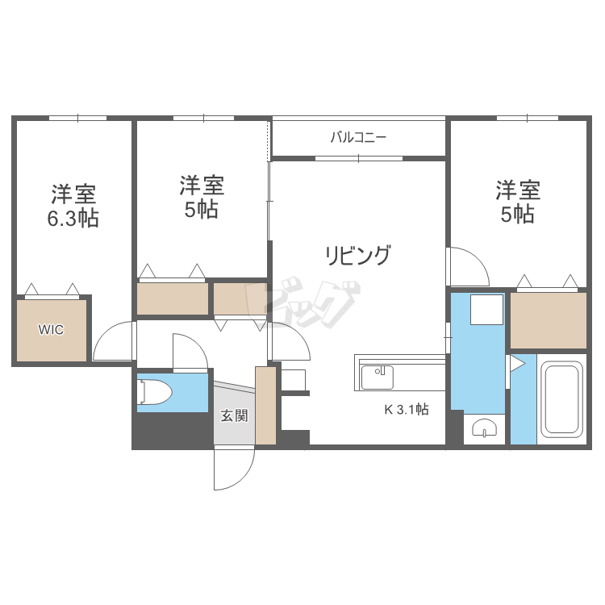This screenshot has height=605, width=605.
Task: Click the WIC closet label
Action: [x=51, y=329]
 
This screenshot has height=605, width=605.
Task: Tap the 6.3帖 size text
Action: [x=73, y=219]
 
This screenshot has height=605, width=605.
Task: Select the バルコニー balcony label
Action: [x=358, y=137]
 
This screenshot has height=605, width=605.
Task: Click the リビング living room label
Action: [x=358, y=255]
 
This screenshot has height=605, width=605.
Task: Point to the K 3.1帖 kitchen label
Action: [x=407, y=409]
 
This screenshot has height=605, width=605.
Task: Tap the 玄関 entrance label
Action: [x=234, y=415]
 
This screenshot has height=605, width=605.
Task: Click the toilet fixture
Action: [x=154, y=392]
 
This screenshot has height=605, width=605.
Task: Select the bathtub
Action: [x=562, y=399]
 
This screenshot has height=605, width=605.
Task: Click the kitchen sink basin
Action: [x=377, y=377]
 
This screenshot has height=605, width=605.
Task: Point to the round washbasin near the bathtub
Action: [x=485, y=428]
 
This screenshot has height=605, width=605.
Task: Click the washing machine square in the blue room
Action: [x=486, y=310]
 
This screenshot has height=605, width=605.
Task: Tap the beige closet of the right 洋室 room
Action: [x=549, y=320]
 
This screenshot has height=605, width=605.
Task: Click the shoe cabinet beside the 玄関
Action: [x=265, y=405]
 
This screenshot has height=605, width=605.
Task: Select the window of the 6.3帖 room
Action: [x=78, y=118]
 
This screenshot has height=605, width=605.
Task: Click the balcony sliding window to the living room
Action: [x=359, y=158]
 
